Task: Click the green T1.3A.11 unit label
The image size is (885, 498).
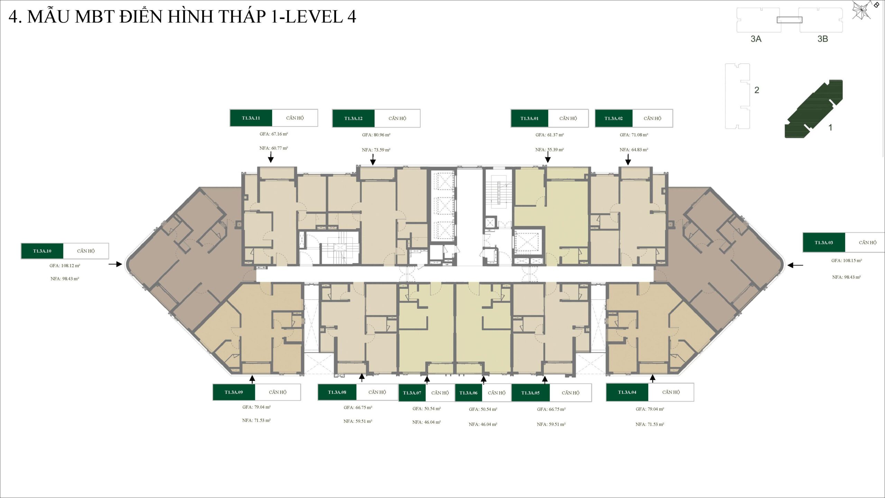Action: [x=251, y=118]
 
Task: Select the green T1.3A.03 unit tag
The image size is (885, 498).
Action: [x=823, y=242]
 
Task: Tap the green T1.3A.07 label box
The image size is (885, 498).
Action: [x=412, y=393]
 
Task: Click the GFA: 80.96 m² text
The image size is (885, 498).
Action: [x=376, y=135]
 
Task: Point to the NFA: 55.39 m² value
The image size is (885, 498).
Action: [x=549, y=150]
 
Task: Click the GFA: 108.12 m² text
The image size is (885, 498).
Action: [x=65, y=266]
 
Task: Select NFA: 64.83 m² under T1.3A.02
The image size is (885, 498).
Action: [x=634, y=150]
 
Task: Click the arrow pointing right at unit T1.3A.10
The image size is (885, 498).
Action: [x=115, y=264]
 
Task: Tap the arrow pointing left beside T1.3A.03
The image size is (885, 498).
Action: [x=795, y=265]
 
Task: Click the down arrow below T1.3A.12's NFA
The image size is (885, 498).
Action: [x=373, y=160]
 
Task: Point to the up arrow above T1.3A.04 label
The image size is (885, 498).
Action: [x=652, y=378]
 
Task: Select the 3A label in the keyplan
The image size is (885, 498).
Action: [x=756, y=39]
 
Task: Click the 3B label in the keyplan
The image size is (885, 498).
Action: [x=822, y=39]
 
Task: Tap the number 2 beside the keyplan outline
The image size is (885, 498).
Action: [x=757, y=90]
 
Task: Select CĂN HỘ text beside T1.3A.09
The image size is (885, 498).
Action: [x=278, y=392]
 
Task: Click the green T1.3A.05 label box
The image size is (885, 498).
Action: [x=530, y=393]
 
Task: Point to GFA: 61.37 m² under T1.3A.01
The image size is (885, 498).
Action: [x=549, y=135]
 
